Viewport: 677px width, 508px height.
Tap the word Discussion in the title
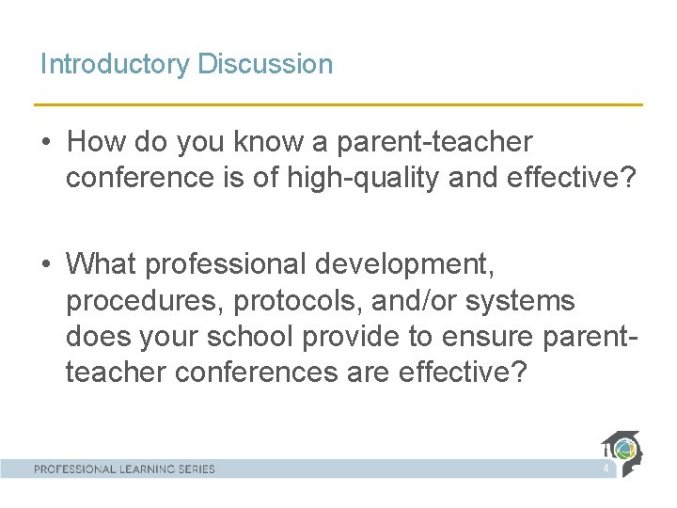[x=265, y=64]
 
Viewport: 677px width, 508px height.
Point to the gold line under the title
[x=338, y=104]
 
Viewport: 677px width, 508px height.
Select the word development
[x=403, y=264]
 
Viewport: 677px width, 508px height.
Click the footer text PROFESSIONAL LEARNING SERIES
[x=125, y=468]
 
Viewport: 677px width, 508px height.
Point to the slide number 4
[x=606, y=468]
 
